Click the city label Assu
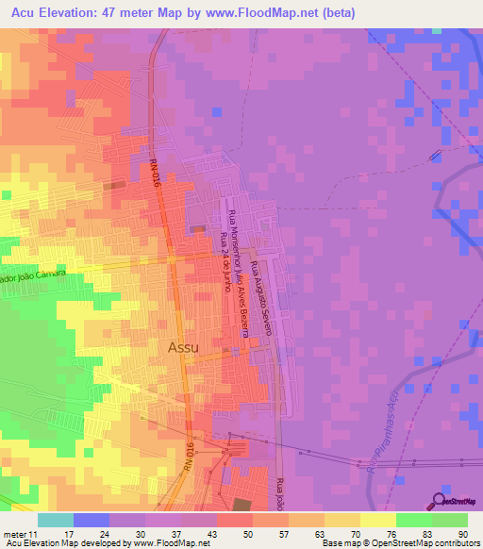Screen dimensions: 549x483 point(183,347)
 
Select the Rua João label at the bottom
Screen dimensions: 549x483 point(280,494)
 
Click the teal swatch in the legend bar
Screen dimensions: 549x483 point(56,520)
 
